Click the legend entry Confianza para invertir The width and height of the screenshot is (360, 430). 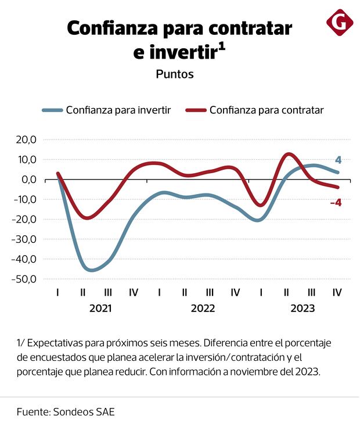point(118,110)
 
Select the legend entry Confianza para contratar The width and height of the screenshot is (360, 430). point(266,110)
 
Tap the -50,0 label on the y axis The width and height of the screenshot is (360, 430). point(25,279)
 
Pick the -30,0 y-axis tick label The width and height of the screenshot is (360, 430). point(25,239)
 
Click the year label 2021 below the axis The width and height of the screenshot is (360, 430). point(100,308)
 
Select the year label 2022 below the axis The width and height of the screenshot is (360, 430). point(203,308)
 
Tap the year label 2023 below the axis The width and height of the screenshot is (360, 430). point(303,308)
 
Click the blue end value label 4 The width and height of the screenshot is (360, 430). point(338,160)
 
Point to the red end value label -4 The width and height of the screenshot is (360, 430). point(335,203)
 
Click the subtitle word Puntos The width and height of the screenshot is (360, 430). point(174,74)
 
